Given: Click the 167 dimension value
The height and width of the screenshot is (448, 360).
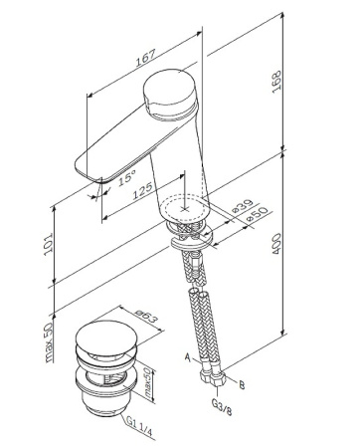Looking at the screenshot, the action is coord(146,58).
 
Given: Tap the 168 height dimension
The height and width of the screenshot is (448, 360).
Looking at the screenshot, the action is coord(276,82).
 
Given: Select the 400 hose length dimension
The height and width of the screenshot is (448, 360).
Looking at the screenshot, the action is coord(276,244).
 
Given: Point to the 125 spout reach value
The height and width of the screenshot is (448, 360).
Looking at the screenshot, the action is coord(143,190).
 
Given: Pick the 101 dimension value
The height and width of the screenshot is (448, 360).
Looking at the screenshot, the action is coord(48,244).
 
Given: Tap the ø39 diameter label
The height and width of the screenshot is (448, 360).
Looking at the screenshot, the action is coord(242,206).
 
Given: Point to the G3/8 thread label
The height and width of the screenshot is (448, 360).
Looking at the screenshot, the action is coord(222,407).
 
